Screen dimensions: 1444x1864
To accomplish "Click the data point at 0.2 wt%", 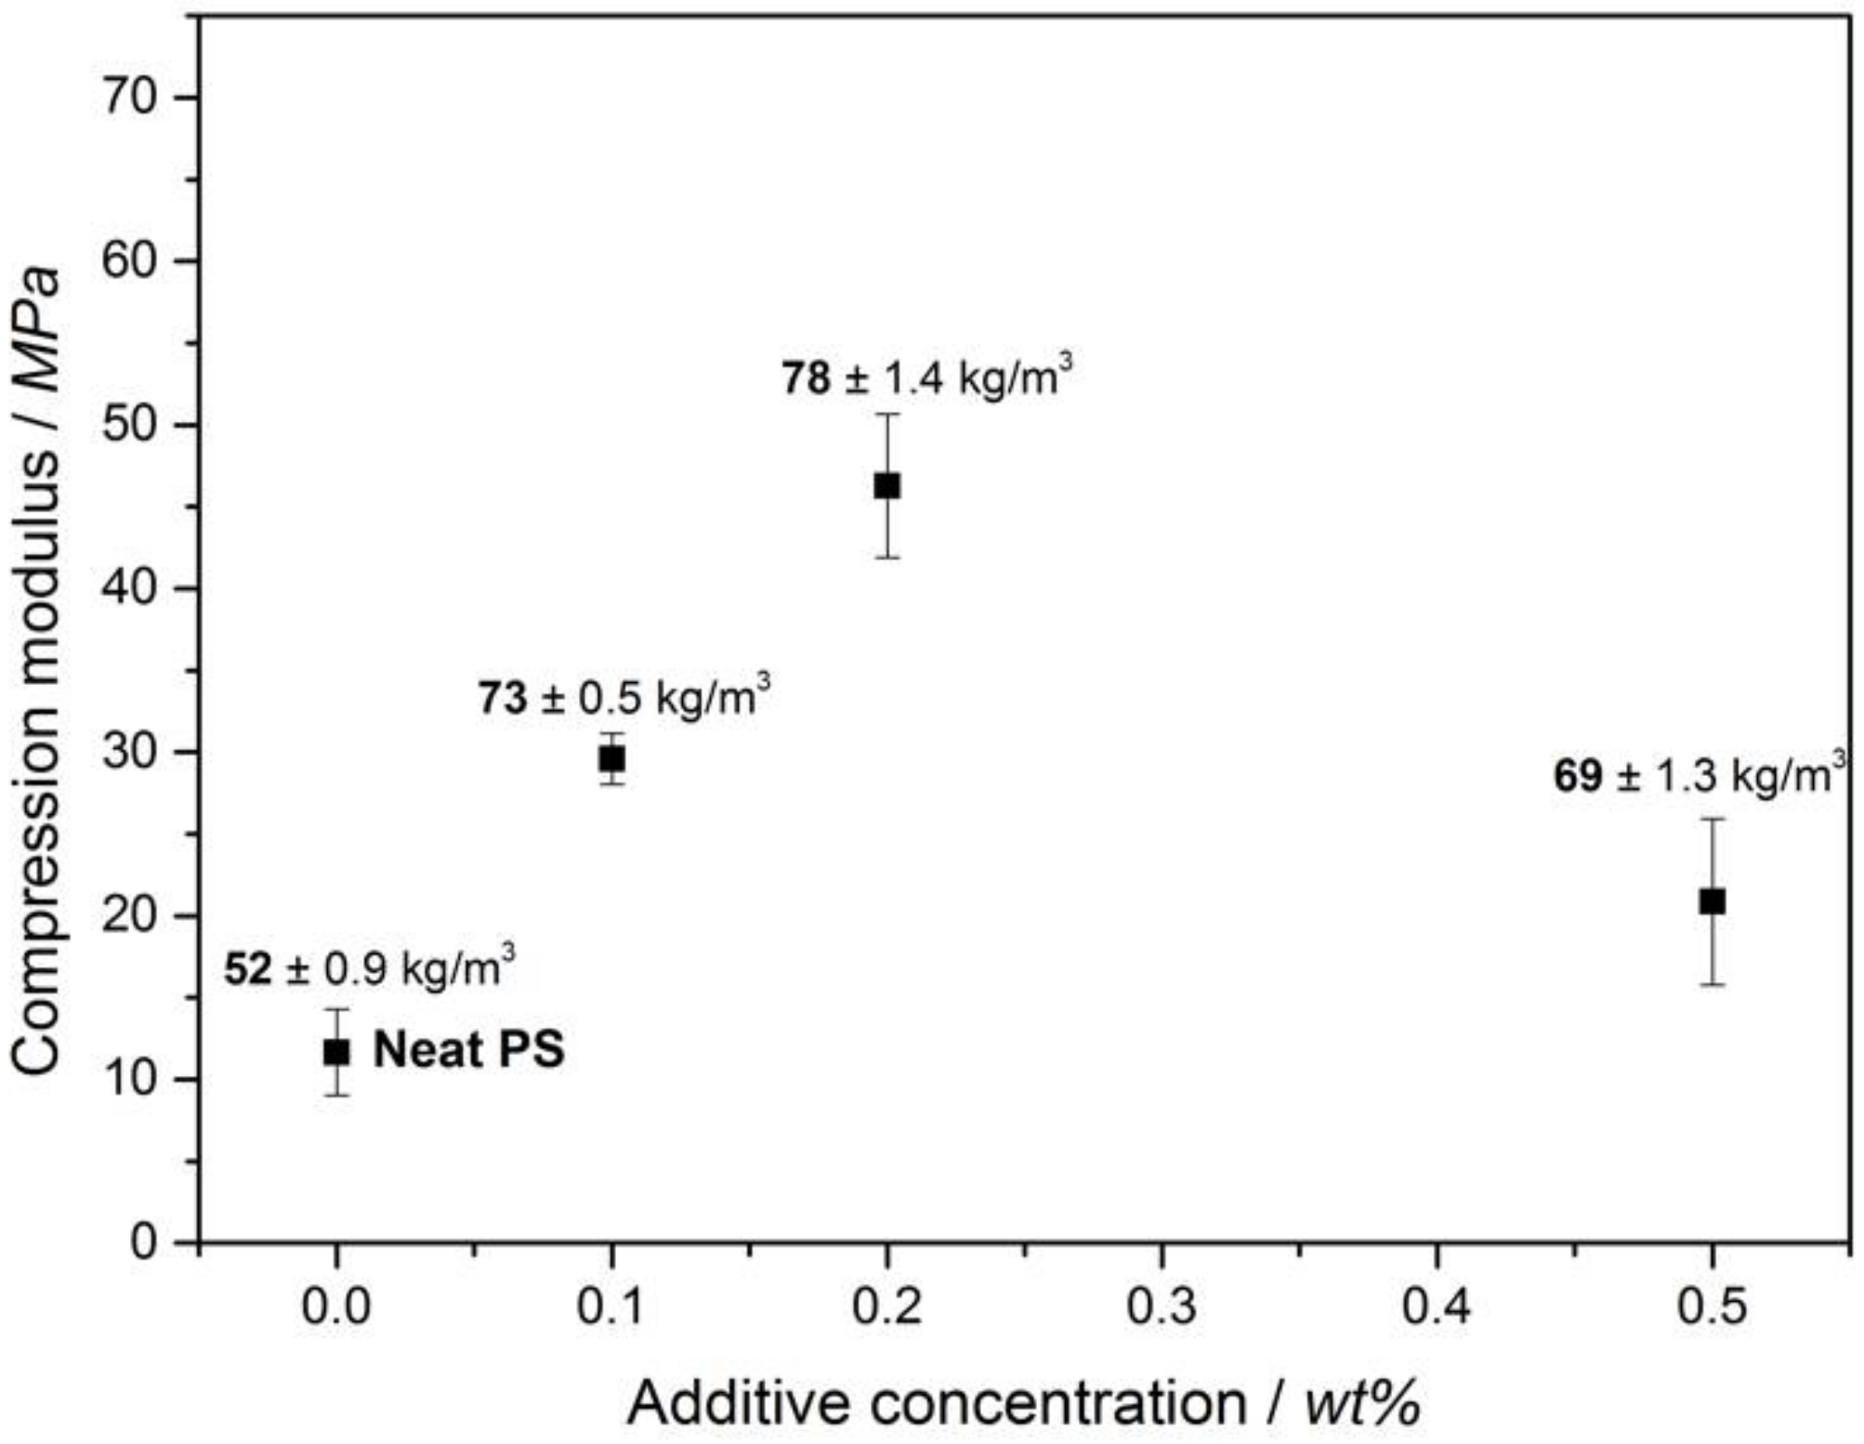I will [886, 485].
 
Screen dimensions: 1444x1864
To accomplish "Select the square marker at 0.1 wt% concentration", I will [611, 758].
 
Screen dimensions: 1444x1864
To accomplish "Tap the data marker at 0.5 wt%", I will [1712, 900].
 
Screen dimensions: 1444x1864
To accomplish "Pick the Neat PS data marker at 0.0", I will [336, 1052].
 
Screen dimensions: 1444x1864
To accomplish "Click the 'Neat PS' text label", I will [468, 1050].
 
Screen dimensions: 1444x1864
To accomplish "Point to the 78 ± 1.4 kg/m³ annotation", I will [925, 377].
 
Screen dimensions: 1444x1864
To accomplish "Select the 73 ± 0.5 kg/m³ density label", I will [624, 696].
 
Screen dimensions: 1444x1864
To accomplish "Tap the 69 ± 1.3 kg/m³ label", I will [1698, 775].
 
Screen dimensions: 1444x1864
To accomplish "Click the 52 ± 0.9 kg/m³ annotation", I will [369, 968].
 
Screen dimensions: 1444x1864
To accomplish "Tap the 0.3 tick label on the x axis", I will [1161, 1306].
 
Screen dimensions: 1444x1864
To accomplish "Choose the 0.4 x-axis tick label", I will [1436, 1306].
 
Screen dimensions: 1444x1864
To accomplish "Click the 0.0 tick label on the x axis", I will [335, 1306].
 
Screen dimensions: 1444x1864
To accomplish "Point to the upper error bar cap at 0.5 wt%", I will [1712, 819].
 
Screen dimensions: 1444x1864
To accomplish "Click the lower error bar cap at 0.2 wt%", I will [886, 558].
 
